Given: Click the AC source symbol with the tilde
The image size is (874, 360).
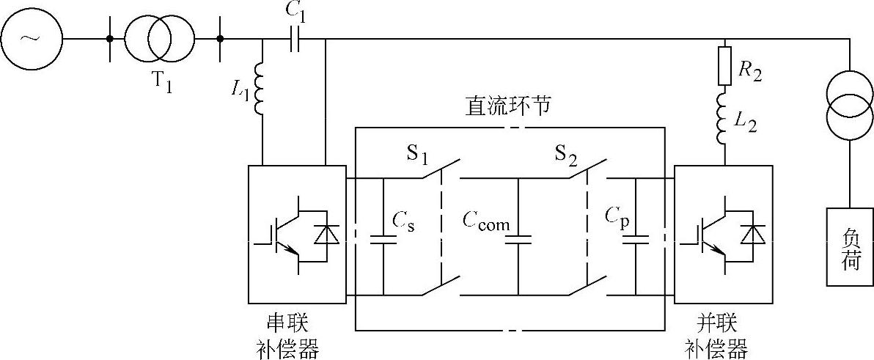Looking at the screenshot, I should [31, 37].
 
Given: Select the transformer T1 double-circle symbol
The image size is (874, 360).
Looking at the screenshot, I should [160, 37].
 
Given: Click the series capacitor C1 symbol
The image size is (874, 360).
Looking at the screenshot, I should [294, 38].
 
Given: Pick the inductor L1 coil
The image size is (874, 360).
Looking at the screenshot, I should [262, 89].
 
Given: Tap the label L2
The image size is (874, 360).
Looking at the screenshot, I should [747, 120].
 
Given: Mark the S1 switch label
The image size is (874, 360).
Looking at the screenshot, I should [417, 156].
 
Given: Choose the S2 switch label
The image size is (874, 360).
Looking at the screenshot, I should [565, 156].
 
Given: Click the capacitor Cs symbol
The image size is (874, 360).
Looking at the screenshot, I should [383, 238].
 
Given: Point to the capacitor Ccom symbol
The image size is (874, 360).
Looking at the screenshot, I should [518, 238].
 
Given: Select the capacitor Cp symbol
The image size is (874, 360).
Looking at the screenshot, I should [636, 238].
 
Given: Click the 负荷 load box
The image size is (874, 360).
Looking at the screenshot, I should [850, 246].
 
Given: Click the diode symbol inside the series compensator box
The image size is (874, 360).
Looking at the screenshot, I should [325, 234].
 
